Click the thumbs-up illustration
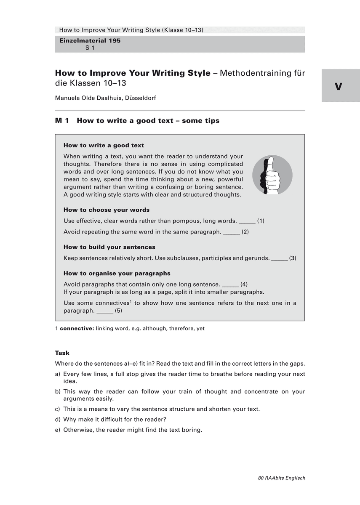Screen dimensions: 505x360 tap(272, 175)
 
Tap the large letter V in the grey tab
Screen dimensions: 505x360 tap(339, 87)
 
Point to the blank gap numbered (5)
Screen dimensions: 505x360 tap(105, 311)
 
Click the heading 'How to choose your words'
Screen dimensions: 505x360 tap(107, 210)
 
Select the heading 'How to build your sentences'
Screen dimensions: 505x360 tap(109, 247)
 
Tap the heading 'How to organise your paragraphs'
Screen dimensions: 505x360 tap(117, 273)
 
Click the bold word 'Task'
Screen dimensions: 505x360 tap(62, 353)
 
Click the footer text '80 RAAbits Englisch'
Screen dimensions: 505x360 tap(281, 478)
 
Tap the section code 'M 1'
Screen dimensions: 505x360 tap(62, 121)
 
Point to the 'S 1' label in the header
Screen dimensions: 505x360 tap(90, 48)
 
